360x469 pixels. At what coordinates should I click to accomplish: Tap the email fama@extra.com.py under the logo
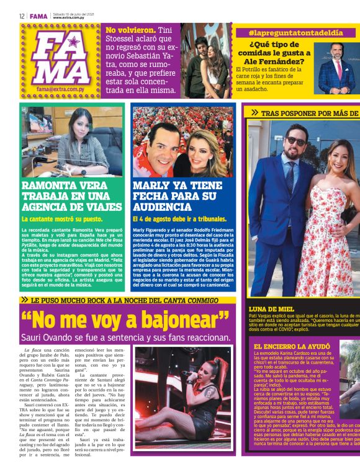(61, 89)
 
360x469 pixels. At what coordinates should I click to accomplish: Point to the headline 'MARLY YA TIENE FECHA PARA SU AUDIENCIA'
(177, 197)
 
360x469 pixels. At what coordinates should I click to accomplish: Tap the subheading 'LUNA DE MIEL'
(270, 308)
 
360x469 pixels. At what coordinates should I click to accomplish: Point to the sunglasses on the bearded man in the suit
(297, 142)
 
